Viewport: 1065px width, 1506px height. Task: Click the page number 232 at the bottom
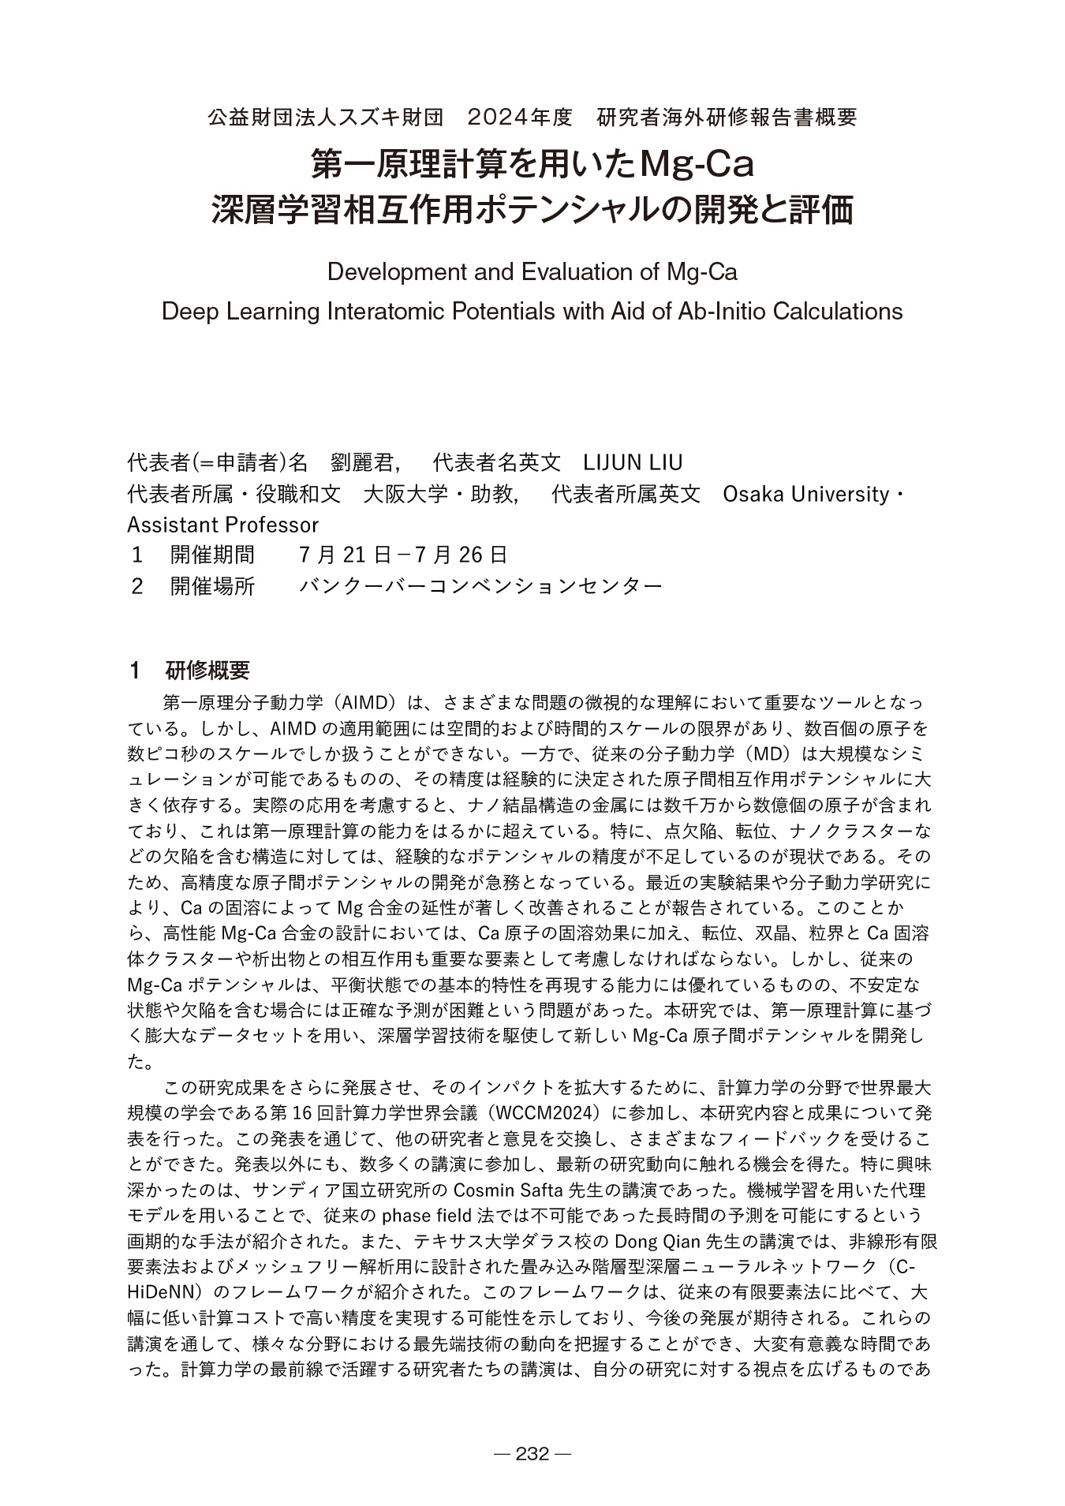[532, 1454]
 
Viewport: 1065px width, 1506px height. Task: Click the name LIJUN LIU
[633, 462]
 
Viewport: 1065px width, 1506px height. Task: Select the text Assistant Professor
[223, 525]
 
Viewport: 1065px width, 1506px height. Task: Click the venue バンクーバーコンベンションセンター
[480, 586]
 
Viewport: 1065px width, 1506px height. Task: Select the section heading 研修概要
[207, 671]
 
